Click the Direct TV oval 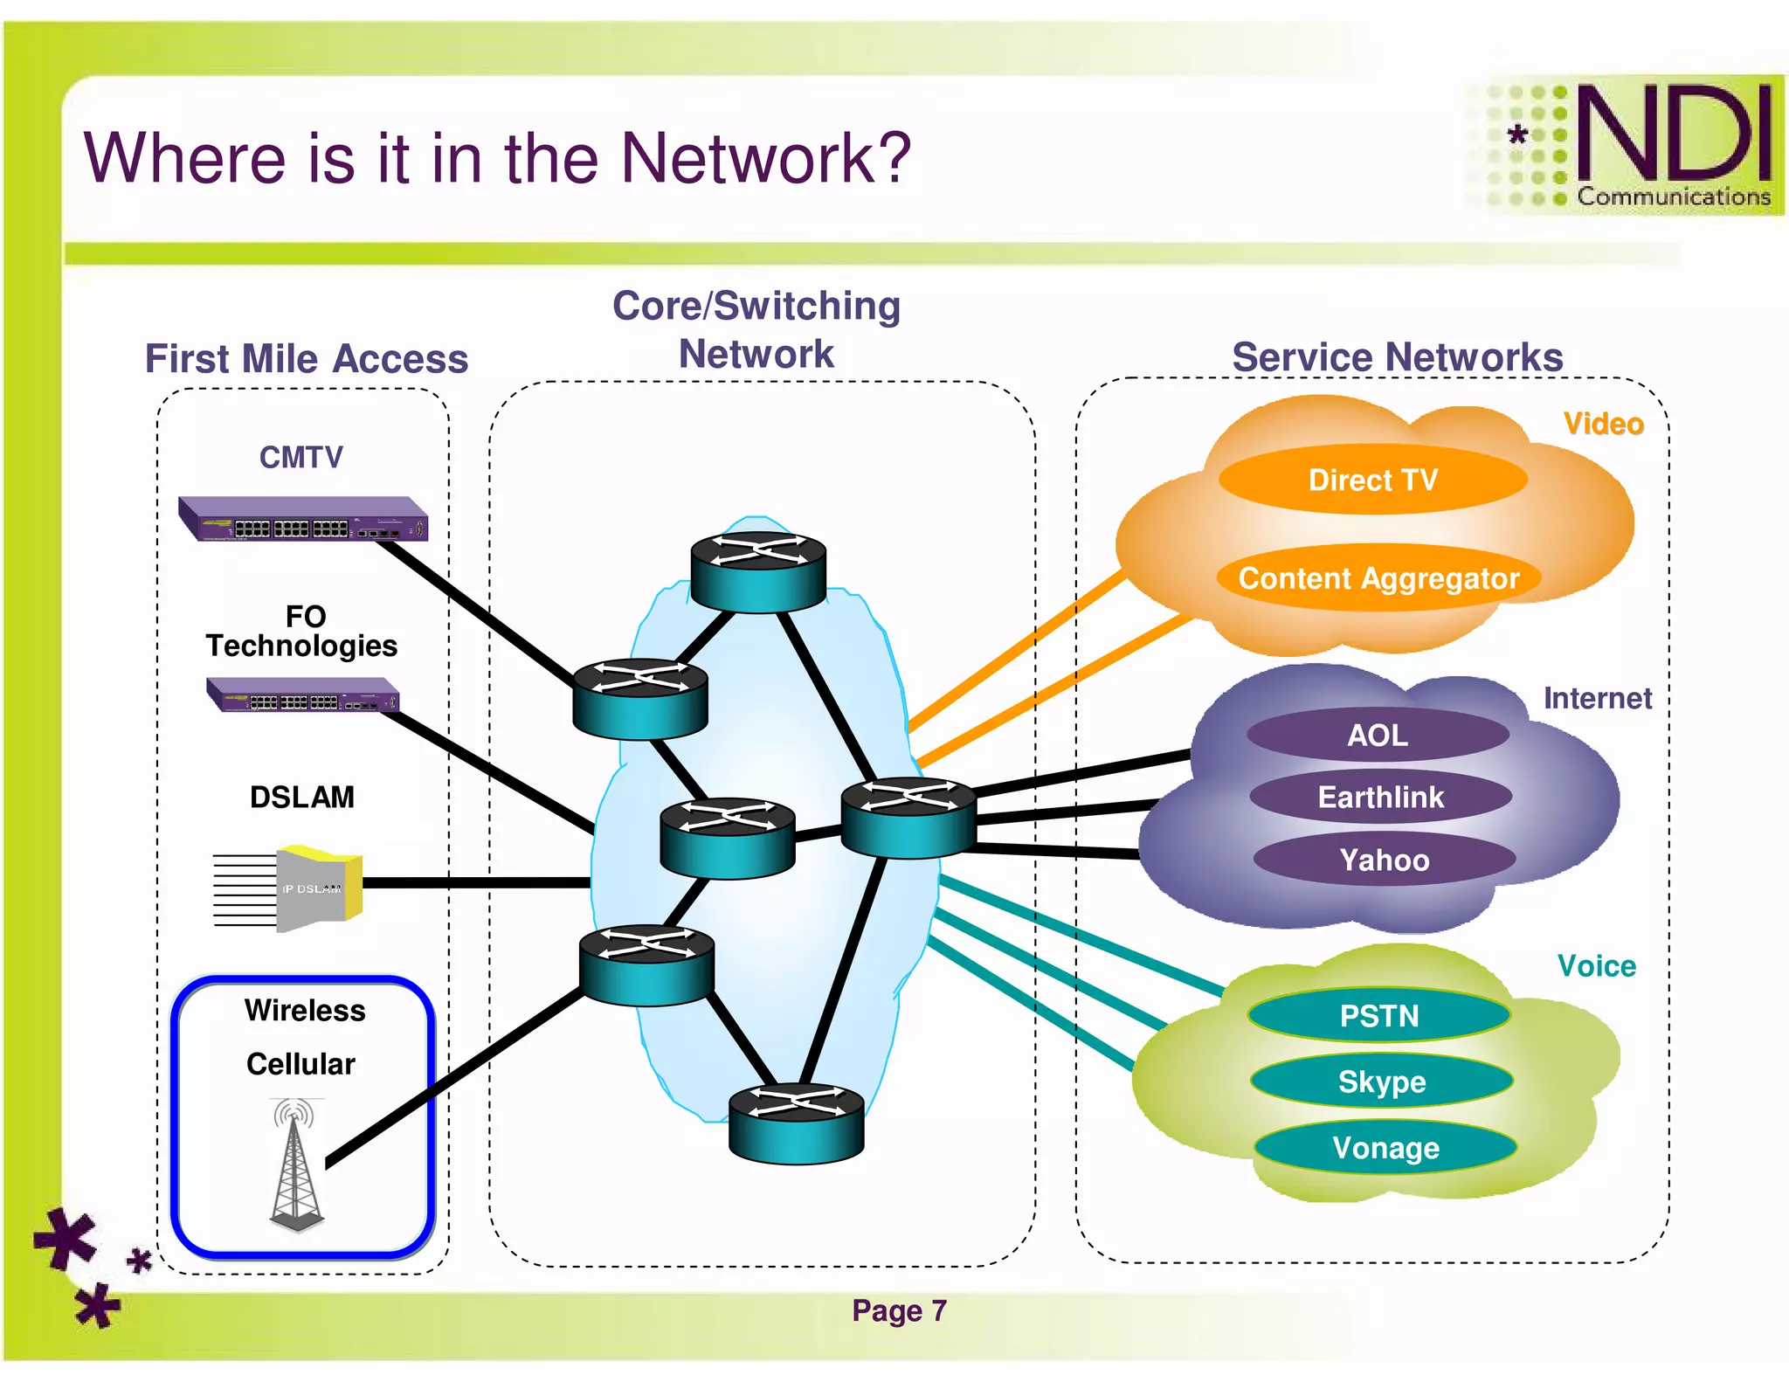click(x=1372, y=480)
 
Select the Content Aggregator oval click(x=1378, y=578)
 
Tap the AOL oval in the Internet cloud click(x=1378, y=735)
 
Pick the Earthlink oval click(x=1380, y=797)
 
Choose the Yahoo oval click(x=1384, y=860)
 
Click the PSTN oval click(x=1378, y=1016)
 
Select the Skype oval click(x=1381, y=1081)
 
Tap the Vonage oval click(x=1385, y=1148)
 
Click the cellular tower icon click(x=296, y=1166)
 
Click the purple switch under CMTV click(x=302, y=520)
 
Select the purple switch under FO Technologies click(x=302, y=695)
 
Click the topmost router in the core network click(x=757, y=570)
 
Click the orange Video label click(x=1603, y=424)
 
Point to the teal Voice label click(x=1596, y=966)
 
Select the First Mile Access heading click(x=307, y=359)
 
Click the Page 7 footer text click(x=899, y=1310)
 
